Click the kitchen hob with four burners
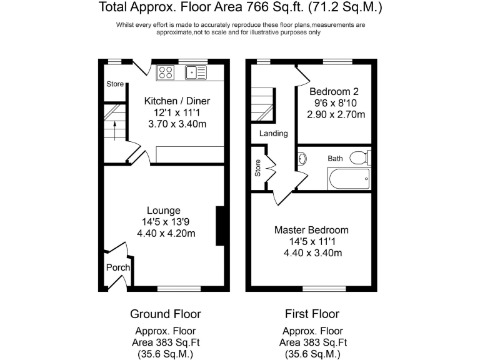[x=166, y=72]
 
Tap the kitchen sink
[x=196, y=72]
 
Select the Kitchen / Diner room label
[x=177, y=101]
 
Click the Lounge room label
[x=164, y=211]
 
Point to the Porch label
[x=117, y=267]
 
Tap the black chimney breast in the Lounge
[x=219, y=226]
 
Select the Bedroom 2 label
[x=336, y=91]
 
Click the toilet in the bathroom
[x=359, y=157]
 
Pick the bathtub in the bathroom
[x=349, y=179]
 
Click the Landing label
[x=274, y=133]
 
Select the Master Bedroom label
[x=311, y=230]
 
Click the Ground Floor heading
[x=166, y=314]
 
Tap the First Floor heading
[x=312, y=314]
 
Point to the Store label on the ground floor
[x=115, y=84]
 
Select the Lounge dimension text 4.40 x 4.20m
[x=166, y=234]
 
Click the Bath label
[x=336, y=159]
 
